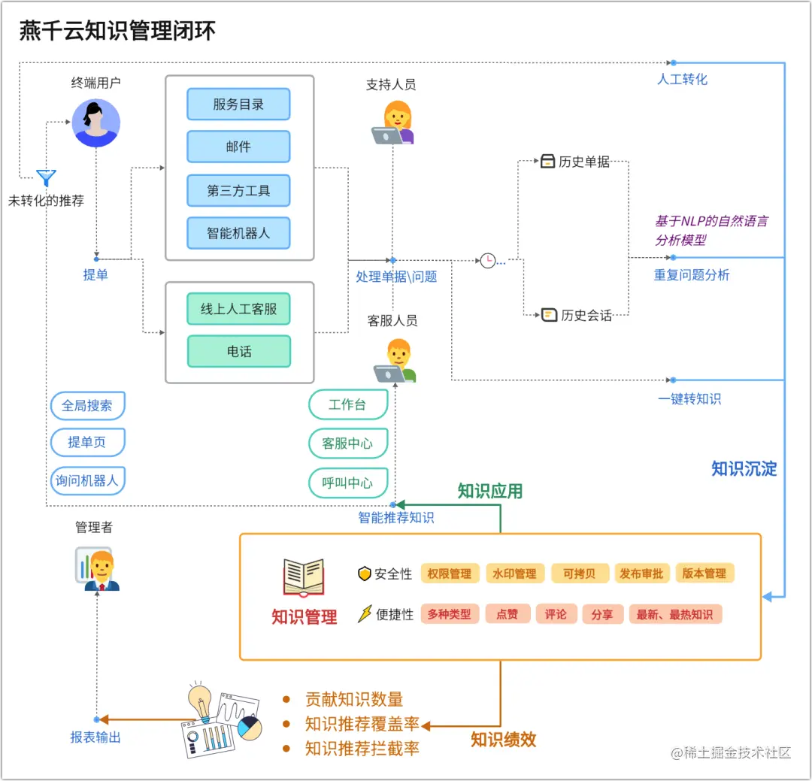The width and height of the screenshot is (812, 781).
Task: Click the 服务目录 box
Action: click(x=238, y=104)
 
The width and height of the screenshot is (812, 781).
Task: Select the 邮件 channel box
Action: click(x=238, y=147)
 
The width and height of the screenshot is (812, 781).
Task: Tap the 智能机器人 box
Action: click(x=238, y=233)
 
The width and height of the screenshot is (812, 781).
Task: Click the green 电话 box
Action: click(x=239, y=351)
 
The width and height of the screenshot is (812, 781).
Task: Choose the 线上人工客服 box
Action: click(x=239, y=309)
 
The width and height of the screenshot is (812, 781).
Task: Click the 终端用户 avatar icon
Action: click(x=95, y=123)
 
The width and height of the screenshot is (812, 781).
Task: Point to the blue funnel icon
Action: click(x=47, y=178)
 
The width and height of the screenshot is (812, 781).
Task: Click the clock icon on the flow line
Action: click(x=488, y=261)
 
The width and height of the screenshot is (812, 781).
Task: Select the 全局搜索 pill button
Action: click(x=87, y=406)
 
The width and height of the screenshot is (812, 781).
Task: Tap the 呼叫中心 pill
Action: click(x=347, y=483)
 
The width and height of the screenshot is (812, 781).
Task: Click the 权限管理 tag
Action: click(x=450, y=574)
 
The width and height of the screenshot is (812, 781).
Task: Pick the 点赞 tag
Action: click(x=507, y=614)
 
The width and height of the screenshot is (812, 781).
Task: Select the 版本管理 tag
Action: click(x=704, y=574)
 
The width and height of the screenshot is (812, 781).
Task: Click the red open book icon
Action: click(x=304, y=577)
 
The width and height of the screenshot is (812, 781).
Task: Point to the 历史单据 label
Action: click(x=583, y=162)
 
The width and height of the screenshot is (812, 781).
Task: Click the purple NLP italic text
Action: click(x=710, y=231)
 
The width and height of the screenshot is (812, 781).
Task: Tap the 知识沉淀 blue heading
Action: click(x=744, y=469)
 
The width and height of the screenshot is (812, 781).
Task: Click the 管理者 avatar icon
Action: click(x=97, y=569)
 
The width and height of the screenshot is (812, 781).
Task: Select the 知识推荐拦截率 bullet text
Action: click(x=362, y=749)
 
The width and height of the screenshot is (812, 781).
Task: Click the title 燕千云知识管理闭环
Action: click(x=117, y=31)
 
